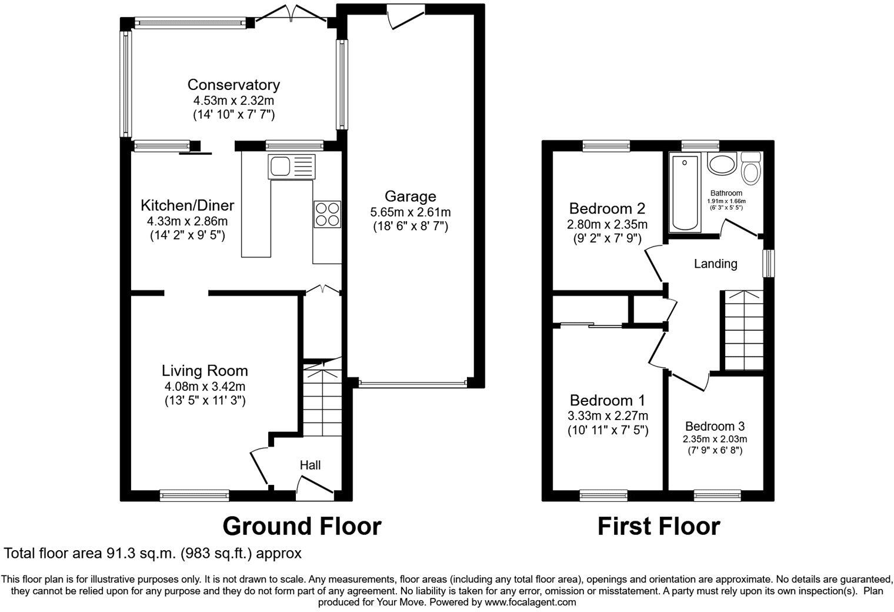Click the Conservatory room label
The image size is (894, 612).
233,85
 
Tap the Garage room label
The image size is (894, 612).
410,196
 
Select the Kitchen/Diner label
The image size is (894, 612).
187,205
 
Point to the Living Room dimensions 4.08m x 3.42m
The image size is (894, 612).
205,387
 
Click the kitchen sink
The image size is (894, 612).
291,167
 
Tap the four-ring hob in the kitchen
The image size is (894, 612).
327,214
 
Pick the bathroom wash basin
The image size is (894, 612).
722,164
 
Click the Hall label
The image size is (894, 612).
310,465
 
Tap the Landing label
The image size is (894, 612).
715,264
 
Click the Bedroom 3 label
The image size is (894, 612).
715,426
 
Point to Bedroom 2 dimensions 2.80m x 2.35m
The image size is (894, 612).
607,224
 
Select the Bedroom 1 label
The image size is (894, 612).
607,401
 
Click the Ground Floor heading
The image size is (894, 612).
302,526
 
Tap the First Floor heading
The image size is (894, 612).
658,526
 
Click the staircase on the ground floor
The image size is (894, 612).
322,400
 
